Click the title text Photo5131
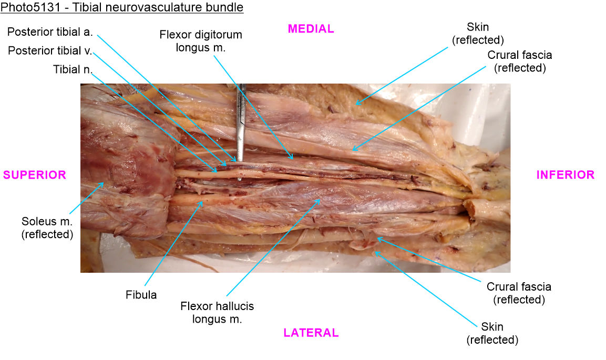coord(30,7)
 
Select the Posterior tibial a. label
coord(50,32)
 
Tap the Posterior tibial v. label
coord(50,50)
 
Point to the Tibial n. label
coord(73,69)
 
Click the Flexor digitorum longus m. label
coord(201,41)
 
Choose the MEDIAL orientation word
coord(311,29)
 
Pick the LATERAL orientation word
coord(311,333)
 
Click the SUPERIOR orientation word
coord(34,175)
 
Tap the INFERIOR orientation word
coord(565,175)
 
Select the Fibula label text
coord(141,295)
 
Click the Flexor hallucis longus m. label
coord(217,313)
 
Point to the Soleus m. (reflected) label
coord(47,228)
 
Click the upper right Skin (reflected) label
coord(478,33)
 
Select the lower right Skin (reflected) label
coord(492,333)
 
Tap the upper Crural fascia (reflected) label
coord(520,61)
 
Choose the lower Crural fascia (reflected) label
coord(519,293)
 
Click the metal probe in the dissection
coord(240,124)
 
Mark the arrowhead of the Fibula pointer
coord(201,202)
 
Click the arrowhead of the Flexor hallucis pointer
coord(319,201)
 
